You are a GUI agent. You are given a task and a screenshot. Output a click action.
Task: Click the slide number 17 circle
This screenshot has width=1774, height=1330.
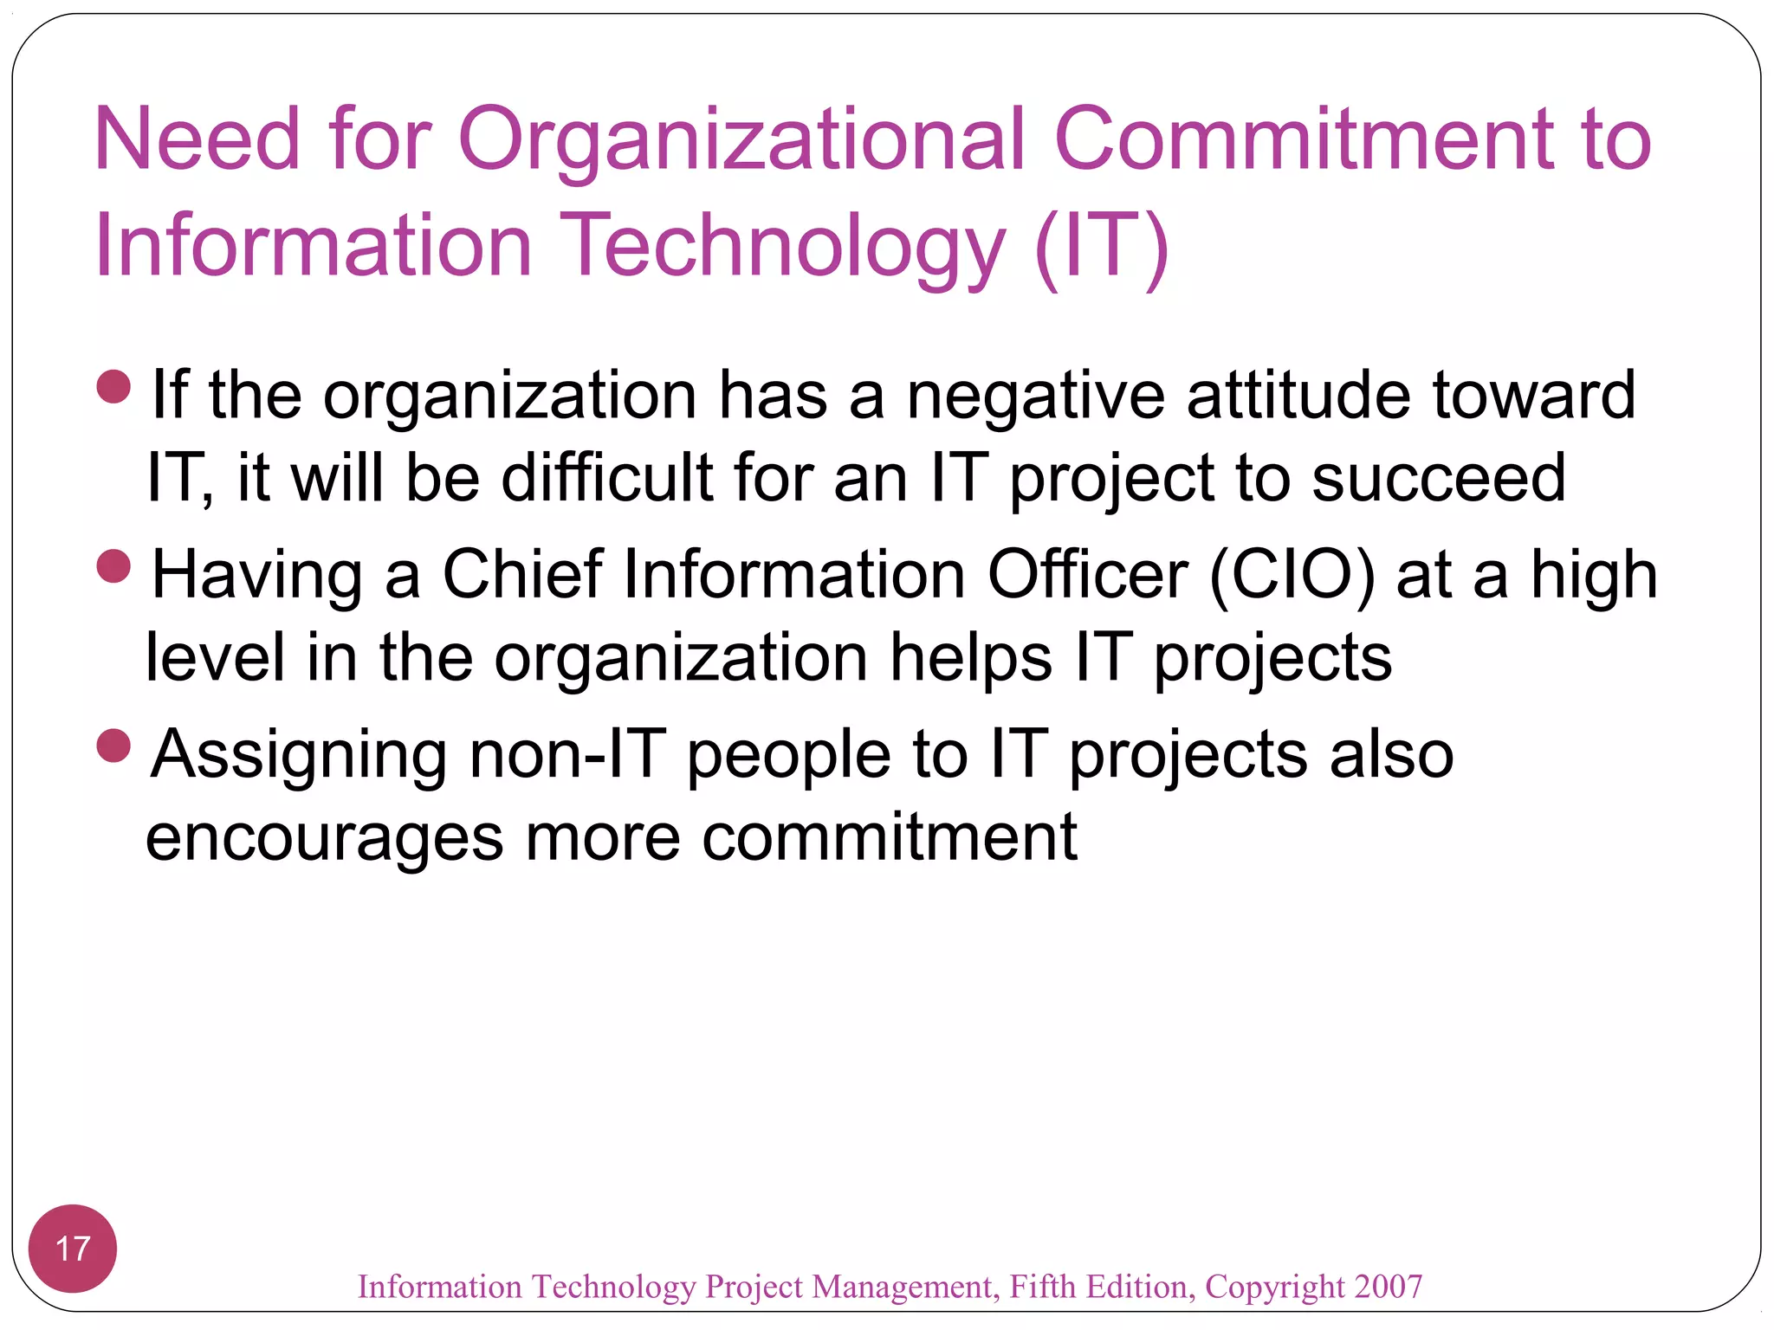(x=73, y=1248)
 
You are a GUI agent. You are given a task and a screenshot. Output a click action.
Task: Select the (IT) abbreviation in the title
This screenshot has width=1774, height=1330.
(x=1101, y=247)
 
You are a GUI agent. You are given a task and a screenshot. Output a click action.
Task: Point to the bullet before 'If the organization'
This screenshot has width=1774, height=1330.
(x=114, y=387)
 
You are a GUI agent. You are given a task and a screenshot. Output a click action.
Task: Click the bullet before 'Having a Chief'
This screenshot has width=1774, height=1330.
(x=114, y=567)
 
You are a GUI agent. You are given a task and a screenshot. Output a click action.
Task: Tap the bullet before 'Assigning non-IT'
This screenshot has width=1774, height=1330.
(x=114, y=746)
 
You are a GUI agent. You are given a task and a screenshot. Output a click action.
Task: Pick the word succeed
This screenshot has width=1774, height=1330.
(x=1438, y=478)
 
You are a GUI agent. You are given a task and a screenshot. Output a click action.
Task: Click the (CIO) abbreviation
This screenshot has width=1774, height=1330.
(x=1292, y=575)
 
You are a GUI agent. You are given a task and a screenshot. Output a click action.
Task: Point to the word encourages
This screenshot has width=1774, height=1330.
(x=324, y=838)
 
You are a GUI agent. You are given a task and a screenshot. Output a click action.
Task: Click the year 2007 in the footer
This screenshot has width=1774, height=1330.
(x=1389, y=1287)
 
